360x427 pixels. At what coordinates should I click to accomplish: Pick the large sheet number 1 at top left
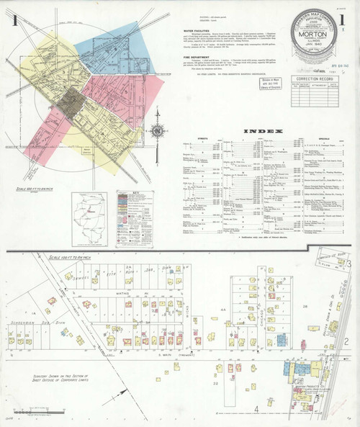click(x=15, y=19)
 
